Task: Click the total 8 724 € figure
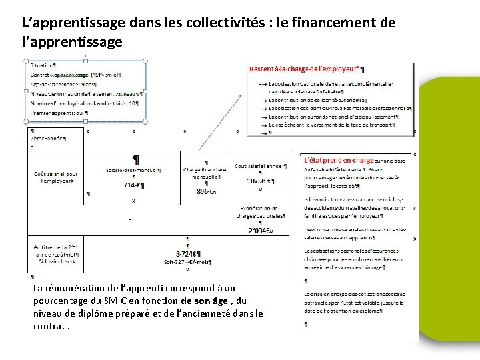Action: (x=188, y=254)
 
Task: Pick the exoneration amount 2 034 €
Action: (x=261, y=231)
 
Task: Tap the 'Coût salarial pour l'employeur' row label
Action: (x=56, y=177)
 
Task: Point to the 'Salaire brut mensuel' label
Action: (x=133, y=169)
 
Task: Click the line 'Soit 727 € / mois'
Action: (x=187, y=262)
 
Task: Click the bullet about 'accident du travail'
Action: (x=338, y=107)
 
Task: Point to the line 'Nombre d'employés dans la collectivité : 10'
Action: (x=85, y=103)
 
